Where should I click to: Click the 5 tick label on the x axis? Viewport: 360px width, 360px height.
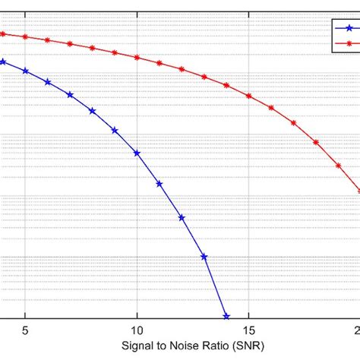[26, 331]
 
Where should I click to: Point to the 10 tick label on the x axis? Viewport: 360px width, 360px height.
[137, 331]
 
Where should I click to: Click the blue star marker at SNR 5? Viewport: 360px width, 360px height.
[26, 71]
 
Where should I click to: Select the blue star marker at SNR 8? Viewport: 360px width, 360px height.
[93, 111]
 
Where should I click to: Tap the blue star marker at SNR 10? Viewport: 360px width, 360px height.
[137, 153]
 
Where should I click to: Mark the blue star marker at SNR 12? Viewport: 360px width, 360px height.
[182, 217]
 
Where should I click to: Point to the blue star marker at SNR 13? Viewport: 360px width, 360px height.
[204, 257]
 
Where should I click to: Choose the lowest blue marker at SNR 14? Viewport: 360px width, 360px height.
[226, 316]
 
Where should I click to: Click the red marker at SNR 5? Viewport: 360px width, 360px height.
[26, 36]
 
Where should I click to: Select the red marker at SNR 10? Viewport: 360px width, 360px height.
[137, 58]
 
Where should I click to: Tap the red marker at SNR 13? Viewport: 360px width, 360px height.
[204, 77]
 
